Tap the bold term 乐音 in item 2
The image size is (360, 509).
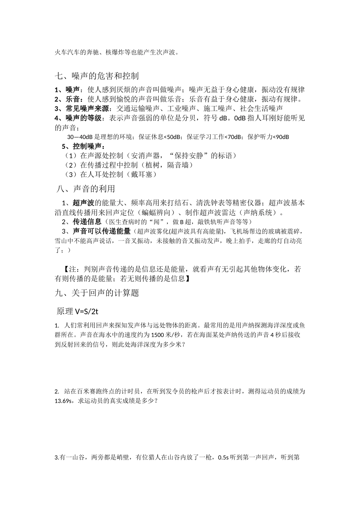coord(72,100)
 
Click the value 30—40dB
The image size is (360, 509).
coord(80,137)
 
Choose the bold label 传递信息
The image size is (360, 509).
coord(87,222)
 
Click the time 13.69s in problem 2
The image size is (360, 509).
coord(63,401)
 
